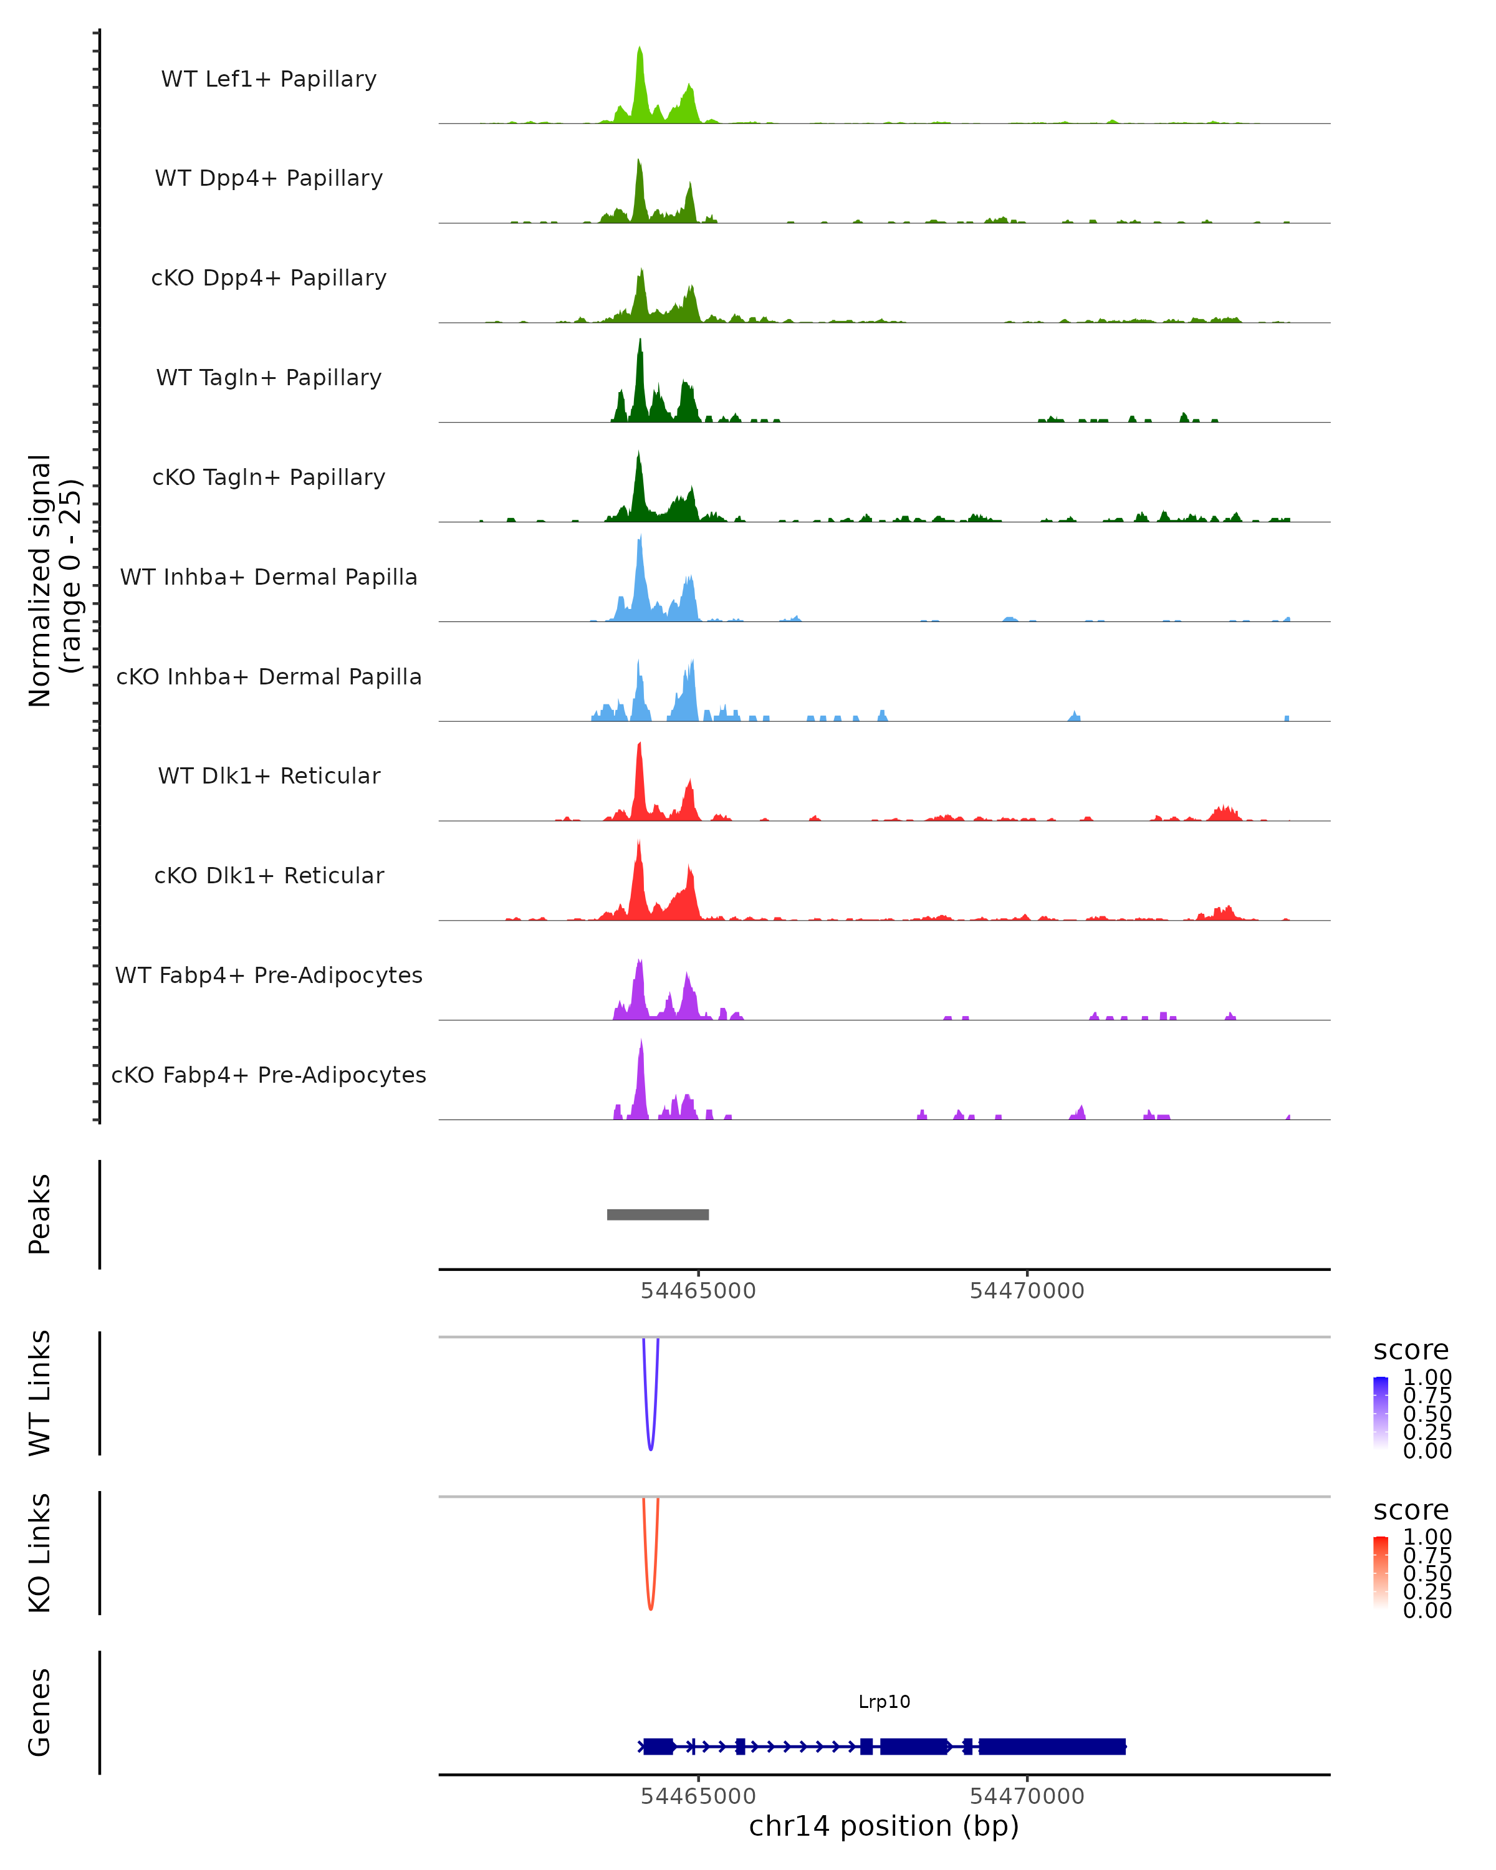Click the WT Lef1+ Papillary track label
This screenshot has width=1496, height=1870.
coord(269,79)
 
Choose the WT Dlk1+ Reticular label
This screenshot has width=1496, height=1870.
coord(269,775)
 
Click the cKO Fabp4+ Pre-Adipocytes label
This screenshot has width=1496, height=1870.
coord(269,1075)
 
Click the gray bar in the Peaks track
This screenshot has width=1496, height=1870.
coord(658,1214)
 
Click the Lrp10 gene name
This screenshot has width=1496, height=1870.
coord(884,1702)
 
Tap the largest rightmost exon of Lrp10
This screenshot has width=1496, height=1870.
coord(1052,1746)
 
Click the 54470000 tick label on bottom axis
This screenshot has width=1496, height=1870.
coord(1027,1796)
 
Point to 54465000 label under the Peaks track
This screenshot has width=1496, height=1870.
coord(698,1291)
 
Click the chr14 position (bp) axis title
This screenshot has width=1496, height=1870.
coord(884,1826)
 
